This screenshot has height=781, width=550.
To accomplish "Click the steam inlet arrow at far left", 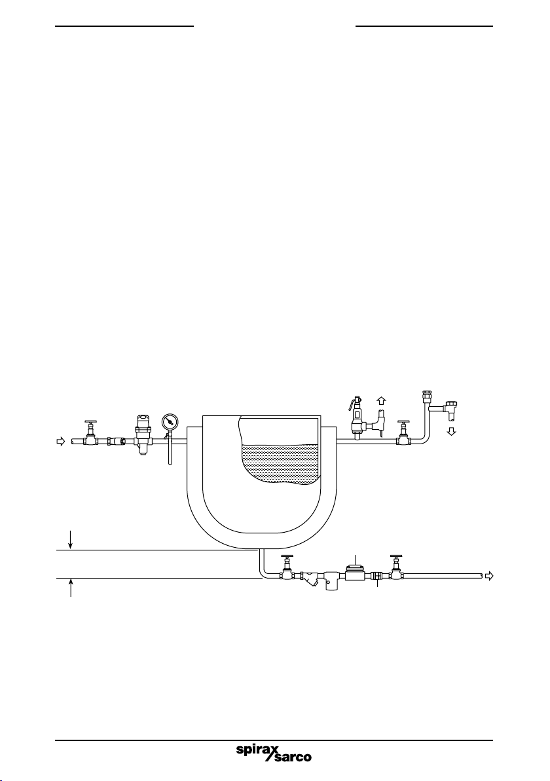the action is click(61, 442).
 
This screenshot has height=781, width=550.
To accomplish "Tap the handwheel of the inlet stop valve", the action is click(90, 422).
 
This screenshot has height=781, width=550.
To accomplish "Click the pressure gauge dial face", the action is click(169, 421).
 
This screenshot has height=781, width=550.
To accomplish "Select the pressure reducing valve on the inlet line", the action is click(142, 434).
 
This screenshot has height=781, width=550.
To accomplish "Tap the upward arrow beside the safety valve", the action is click(381, 400).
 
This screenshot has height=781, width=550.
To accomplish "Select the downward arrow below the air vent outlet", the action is click(451, 431).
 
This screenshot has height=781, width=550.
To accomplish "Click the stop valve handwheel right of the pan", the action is click(403, 423).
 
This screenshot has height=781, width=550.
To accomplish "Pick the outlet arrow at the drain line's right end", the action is click(489, 576).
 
